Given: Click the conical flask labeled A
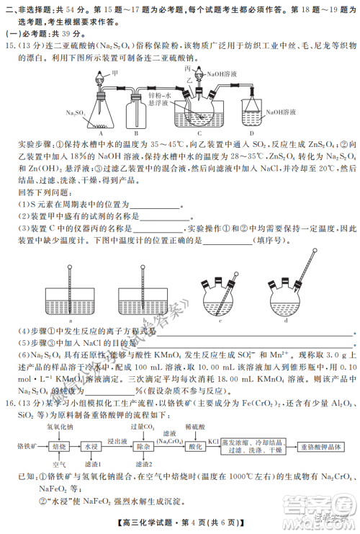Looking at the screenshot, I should [x=101, y=112].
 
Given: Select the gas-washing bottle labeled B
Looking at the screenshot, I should [x=141, y=113].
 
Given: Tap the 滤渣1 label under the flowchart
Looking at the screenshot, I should [x=93, y=466].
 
